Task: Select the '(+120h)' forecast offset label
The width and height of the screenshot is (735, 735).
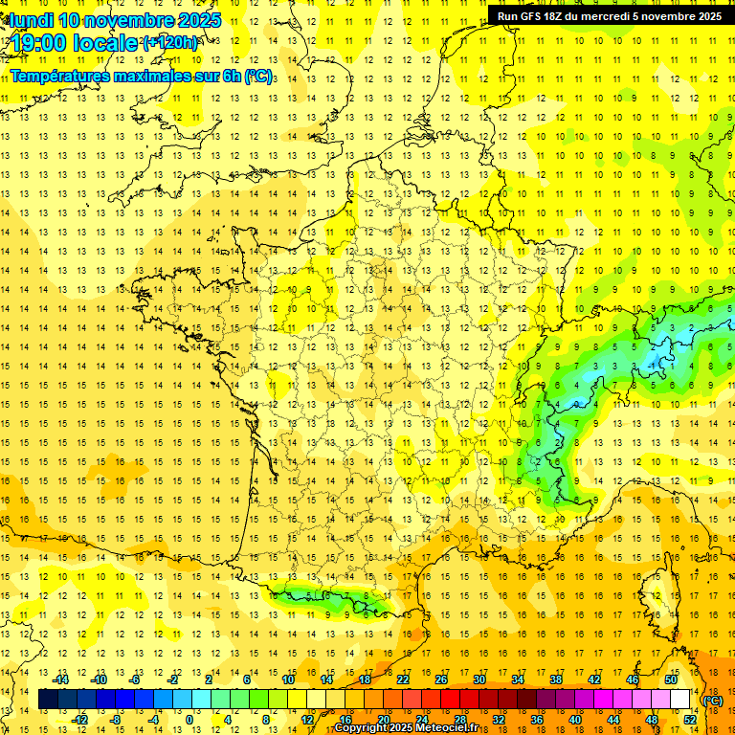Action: pos(170,42)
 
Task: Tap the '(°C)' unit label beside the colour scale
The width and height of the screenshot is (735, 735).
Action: pos(713,700)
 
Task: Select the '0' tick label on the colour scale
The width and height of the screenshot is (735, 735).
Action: pos(189,720)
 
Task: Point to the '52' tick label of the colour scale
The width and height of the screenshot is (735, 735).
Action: pos(690,720)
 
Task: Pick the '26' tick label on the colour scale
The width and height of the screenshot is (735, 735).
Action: pos(441,679)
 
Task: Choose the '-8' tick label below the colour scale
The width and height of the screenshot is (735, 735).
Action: pos(117,720)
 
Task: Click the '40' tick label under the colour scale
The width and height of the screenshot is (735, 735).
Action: pos(575,720)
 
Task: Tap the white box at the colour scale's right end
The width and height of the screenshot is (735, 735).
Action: pos(680,700)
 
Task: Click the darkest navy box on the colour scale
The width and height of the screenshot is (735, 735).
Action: pos(49,700)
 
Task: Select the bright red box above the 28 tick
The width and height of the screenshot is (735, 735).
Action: pos(451,700)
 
